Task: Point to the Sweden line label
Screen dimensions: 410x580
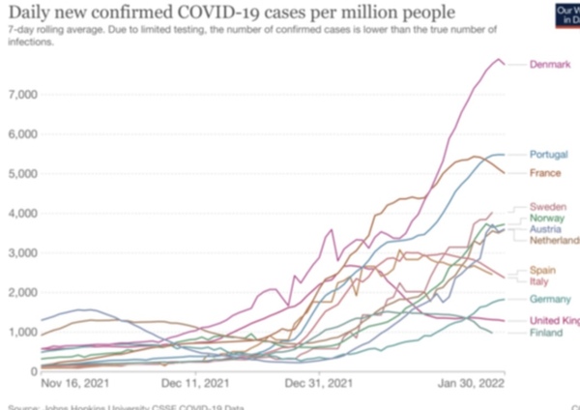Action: tap(548, 207)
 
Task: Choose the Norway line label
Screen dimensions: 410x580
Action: tap(547, 219)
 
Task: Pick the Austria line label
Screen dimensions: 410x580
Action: tap(547, 230)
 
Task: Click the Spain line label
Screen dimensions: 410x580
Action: tap(544, 270)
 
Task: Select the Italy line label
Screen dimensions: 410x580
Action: tap(540, 281)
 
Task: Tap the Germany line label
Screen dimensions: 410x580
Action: tap(550, 300)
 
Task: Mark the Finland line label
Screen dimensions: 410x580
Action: tap(546, 334)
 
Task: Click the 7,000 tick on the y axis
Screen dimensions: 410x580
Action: tap(20, 95)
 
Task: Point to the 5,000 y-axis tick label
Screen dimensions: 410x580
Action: tap(20, 174)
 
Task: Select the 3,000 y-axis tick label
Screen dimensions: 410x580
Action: tap(20, 252)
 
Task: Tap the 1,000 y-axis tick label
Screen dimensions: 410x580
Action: tap(20, 332)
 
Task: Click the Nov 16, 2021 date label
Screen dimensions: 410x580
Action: tap(72, 383)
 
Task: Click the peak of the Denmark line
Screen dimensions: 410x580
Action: tap(500, 60)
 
